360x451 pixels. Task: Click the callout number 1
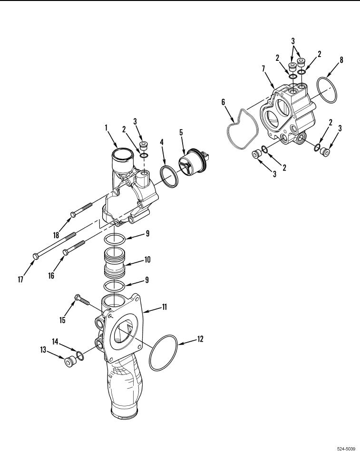point(106,128)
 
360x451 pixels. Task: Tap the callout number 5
point(181,132)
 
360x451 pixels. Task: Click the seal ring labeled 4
point(169,176)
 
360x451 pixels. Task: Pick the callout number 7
point(263,69)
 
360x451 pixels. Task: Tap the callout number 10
point(147,260)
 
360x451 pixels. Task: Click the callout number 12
point(200,339)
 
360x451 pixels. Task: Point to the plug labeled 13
point(69,362)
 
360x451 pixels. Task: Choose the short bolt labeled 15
point(82,300)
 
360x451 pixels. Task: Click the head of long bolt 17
point(35,256)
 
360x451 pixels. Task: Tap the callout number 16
point(51,276)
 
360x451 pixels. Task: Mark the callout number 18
point(56,235)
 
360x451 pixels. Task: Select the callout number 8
point(341,60)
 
